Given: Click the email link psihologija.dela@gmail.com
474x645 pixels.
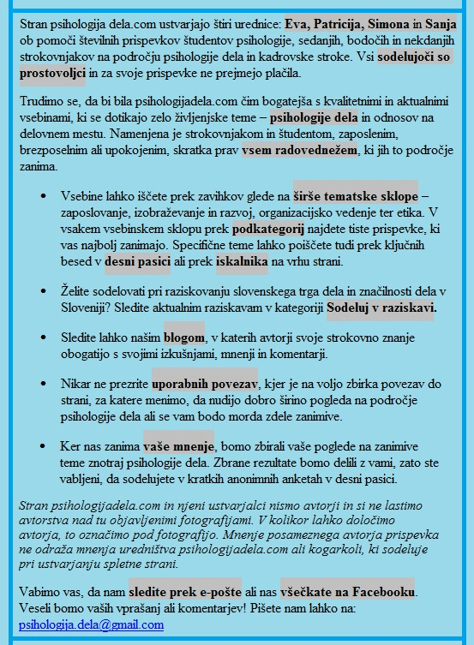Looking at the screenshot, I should [x=90, y=625].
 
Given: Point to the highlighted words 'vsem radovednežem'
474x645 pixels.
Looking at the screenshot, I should [x=296, y=151].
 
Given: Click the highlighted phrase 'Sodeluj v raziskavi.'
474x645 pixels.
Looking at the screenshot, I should [x=382, y=306].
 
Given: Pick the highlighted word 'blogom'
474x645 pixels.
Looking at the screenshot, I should [x=184, y=337].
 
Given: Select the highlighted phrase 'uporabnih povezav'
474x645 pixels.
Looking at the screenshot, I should [x=205, y=385].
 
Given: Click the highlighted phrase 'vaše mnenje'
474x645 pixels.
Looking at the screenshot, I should [x=177, y=447].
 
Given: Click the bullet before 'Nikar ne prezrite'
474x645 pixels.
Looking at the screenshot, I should [x=44, y=385].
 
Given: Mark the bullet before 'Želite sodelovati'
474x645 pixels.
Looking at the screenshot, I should [x=44, y=291].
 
